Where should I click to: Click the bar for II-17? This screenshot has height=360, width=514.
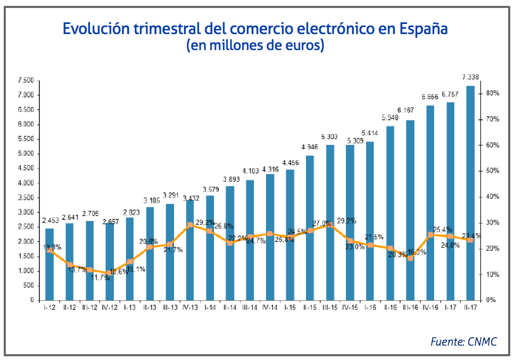(470, 193)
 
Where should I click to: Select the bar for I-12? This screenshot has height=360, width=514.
(49, 264)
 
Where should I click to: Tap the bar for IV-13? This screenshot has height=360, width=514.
(190, 250)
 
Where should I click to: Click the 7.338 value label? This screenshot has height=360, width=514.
(470, 77)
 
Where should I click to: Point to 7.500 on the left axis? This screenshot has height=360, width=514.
(26, 80)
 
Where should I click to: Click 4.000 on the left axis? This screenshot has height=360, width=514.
(26, 183)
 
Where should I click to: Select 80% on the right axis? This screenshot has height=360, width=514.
(492, 93)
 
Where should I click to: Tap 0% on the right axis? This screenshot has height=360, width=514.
(492, 300)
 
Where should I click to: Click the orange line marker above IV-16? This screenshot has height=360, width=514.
(430, 234)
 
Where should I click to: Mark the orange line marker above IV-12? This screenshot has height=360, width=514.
(110, 273)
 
